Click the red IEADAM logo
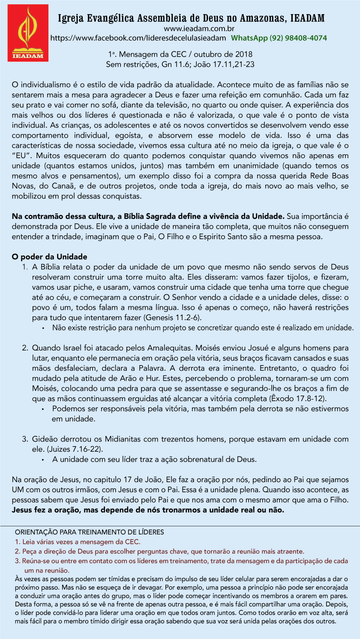(28, 33)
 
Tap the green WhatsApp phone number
(279, 38)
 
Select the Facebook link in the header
(138, 38)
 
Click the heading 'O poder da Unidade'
(49, 257)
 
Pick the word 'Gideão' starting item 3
(45, 439)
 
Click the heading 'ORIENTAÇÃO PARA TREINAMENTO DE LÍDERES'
(89, 532)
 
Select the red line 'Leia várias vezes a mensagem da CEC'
(78, 542)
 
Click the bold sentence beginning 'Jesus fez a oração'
(148, 510)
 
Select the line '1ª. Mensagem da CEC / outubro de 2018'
(180, 55)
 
